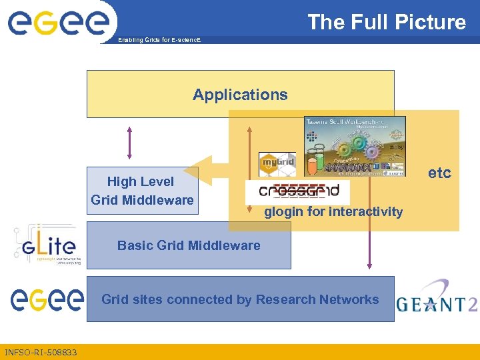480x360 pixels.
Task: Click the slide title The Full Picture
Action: click(386, 22)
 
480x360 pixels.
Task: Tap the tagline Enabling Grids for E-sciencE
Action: click(159, 41)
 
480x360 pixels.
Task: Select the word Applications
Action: click(240, 95)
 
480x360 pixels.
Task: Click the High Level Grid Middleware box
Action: click(142, 191)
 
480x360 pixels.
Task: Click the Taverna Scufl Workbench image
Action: click(354, 147)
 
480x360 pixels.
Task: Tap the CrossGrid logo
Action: click(297, 191)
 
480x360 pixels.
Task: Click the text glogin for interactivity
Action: click(333, 212)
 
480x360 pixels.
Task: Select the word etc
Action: click(439, 173)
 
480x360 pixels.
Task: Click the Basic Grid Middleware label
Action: click(189, 245)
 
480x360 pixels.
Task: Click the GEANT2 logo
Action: click(437, 299)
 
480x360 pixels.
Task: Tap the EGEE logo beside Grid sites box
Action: click(47, 300)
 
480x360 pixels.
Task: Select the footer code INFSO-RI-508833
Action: click(41, 352)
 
